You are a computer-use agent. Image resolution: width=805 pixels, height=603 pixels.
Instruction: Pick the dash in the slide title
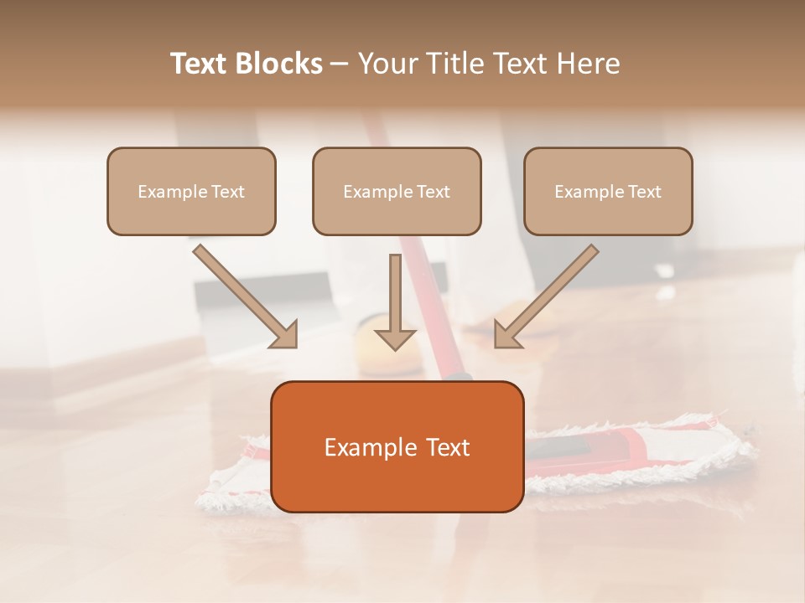[x=340, y=64]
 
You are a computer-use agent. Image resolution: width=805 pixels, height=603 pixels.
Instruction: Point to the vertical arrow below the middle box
[x=395, y=301]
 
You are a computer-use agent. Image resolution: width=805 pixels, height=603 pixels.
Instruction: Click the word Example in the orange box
[x=363, y=448]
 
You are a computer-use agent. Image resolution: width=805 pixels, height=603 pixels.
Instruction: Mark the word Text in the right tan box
[x=645, y=192]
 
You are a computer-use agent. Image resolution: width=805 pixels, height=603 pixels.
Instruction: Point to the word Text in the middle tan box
[x=434, y=192]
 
